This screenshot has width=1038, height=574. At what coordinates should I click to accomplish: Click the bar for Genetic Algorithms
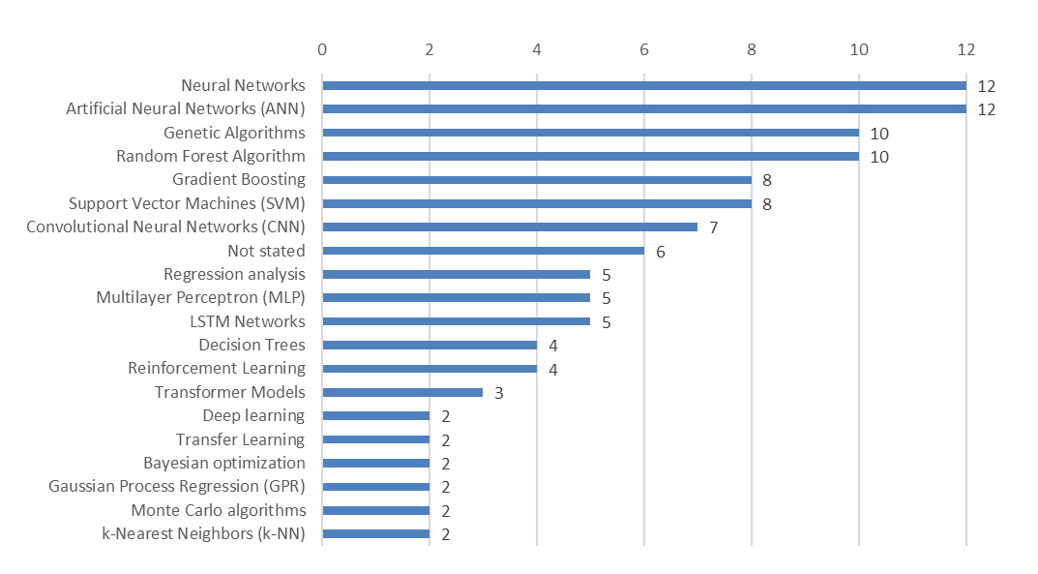[590, 133]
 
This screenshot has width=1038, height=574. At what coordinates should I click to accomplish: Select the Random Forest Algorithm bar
[590, 156]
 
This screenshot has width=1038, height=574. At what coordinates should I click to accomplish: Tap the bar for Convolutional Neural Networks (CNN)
[510, 227]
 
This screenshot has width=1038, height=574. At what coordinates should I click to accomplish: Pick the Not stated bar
[483, 251]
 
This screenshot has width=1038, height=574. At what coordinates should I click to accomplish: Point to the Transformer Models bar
[402, 392]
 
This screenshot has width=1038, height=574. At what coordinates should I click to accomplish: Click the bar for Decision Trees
[430, 346]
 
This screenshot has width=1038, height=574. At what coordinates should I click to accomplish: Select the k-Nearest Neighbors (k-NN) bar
[375, 533]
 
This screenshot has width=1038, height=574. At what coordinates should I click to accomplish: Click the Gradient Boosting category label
[239, 179]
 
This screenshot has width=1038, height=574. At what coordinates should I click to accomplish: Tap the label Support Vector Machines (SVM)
[187, 203]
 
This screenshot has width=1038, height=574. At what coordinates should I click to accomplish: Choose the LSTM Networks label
[248, 321]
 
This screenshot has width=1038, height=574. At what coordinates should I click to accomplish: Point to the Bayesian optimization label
[224, 463]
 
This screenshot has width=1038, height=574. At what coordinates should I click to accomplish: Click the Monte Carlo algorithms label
[219, 510]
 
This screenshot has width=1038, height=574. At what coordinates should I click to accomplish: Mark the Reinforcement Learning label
[217, 368]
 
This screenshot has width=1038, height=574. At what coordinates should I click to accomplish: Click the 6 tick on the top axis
[644, 49]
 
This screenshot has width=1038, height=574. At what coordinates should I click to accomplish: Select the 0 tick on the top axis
[322, 49]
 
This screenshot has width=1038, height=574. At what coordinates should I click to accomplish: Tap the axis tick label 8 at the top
[752, 49]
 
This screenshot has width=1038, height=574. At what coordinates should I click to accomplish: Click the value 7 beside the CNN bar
[714, 227]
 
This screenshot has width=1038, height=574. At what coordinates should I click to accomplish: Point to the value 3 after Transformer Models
[499, 392]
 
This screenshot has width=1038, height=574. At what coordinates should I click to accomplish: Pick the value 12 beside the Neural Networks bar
[986, 86]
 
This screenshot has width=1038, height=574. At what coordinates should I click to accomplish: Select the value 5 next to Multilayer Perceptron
[607, 298]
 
